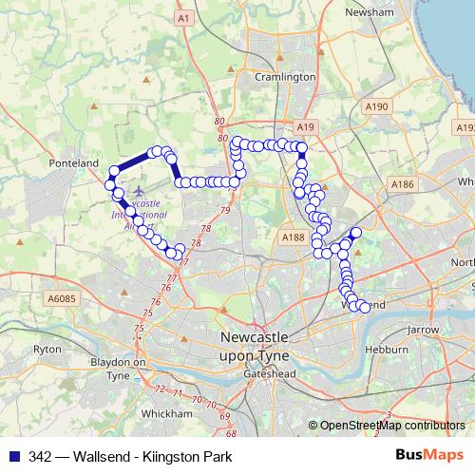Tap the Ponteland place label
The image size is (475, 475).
[74, 163]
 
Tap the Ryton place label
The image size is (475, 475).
[47, 349]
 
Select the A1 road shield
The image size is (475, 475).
[184, 18]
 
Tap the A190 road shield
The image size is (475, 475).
[376, 106]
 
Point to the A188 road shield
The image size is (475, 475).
[293, 237]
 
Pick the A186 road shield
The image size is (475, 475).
[403, 183]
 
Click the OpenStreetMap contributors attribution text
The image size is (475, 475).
[392, 426]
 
